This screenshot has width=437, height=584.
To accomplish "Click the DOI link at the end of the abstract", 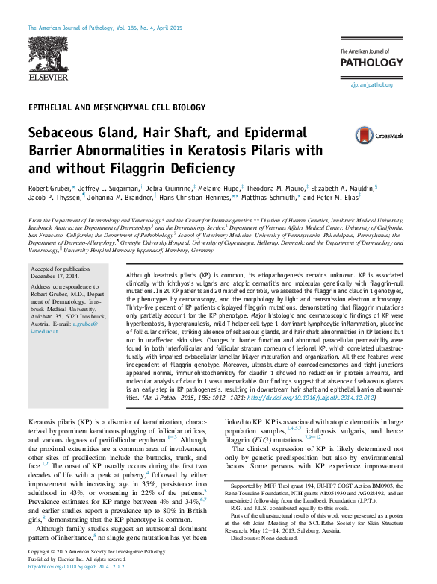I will click(326, 398).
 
